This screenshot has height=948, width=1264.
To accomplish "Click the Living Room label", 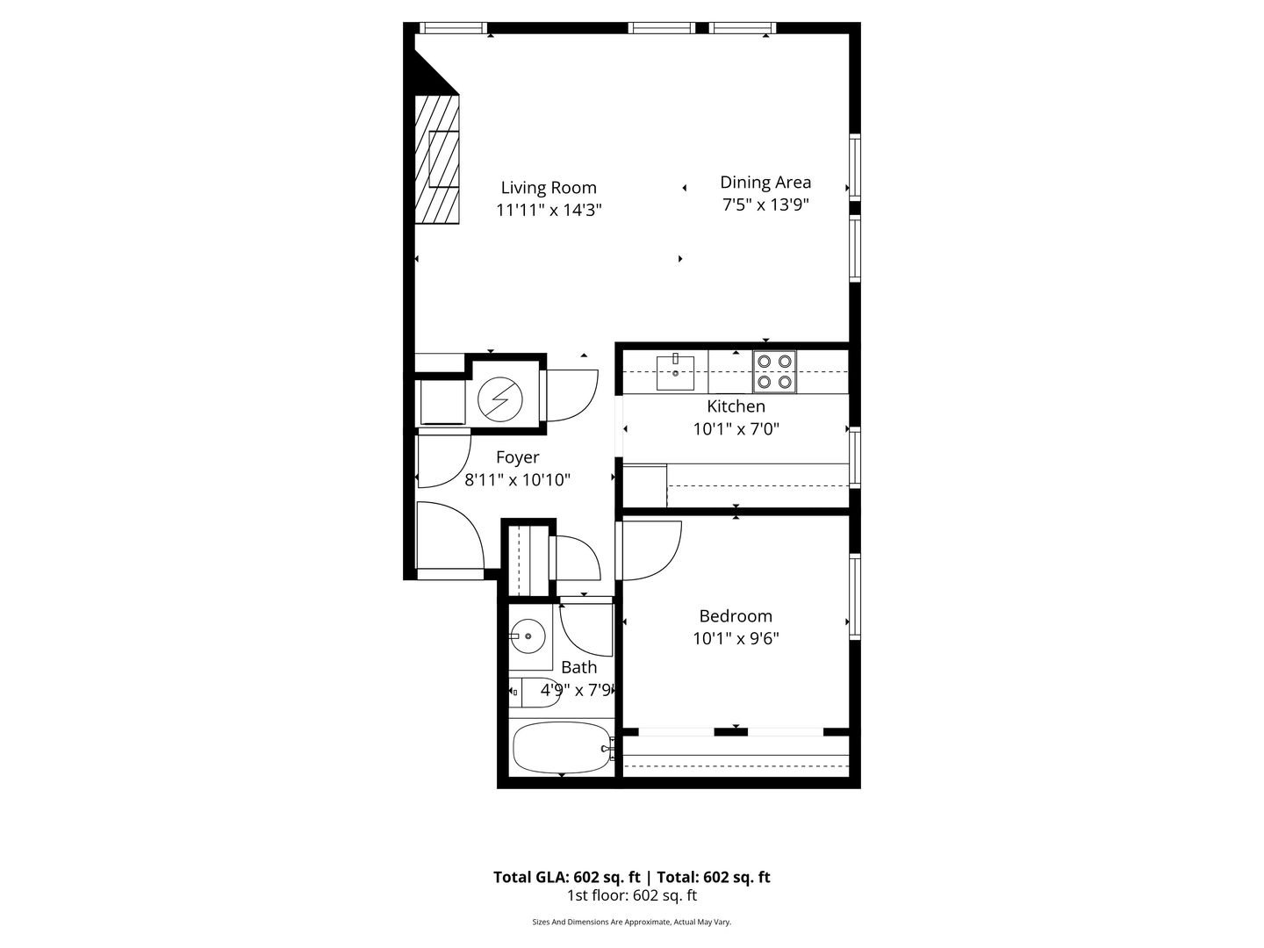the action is click(x=549, y=188).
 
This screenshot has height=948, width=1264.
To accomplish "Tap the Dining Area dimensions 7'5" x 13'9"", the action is click(x=765, y=205).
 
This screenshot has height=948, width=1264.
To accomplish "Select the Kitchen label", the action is click(x=736, y=406).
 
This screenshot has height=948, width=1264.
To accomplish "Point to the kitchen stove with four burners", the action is click(x=774, y=372).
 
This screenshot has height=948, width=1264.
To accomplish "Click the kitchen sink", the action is click(x=675, y=372).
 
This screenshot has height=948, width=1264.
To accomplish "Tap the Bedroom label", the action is click(x=736, y=616).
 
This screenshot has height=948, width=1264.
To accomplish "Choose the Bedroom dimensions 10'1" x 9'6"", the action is click(x=736, y=638).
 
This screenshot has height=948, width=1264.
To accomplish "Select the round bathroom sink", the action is click(x=528, y=636).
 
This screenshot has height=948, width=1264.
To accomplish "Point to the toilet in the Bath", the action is click(x=534, y=693).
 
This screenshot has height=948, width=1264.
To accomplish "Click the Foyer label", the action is click(x=517, y=457).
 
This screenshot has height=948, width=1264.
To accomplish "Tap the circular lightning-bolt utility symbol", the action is click(x=499, y=399).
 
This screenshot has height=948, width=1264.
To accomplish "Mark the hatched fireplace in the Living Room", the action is click(x=438, y=159).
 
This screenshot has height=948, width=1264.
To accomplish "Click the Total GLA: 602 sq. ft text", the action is click(x=567, y=877).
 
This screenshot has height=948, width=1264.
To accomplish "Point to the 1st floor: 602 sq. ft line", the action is click(x=632, y=895).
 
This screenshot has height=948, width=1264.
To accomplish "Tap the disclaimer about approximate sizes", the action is click(x=632, y=922).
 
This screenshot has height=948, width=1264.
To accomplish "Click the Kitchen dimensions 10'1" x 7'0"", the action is click(x=736, y=429).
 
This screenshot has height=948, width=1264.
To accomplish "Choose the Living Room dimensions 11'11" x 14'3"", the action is click(x=549, y=210).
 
